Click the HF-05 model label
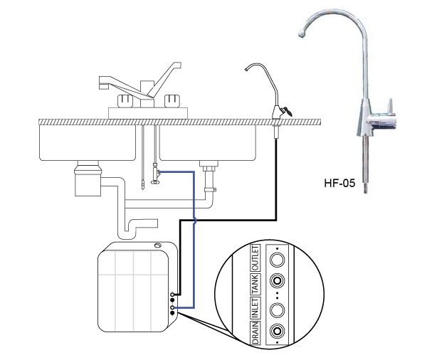tap(339, 183)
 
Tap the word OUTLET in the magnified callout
tap(255, 258)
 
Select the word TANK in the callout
tap(255, 284)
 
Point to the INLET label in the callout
tap(255, 308)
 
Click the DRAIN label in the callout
tap(255, 332)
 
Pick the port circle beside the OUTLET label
tap(278, 260)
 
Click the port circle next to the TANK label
tap(278, 281)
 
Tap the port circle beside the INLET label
tap(278, 309)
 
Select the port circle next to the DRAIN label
tap(278, 331)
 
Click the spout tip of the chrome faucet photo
tap(301, 35)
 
